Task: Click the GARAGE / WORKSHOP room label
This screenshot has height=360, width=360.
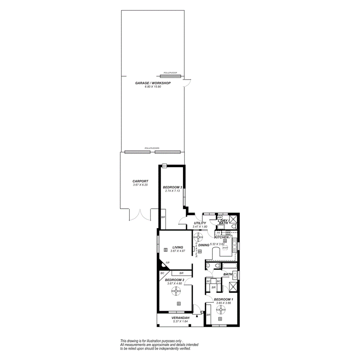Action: [153, 83]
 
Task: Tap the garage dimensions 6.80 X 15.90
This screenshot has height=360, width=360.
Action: [153, 87]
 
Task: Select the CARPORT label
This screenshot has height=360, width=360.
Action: [140, 181]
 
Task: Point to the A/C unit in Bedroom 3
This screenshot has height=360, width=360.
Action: [164, 166]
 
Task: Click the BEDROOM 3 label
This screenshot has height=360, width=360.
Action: [172, 187]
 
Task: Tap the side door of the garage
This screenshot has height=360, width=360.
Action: [187, 82]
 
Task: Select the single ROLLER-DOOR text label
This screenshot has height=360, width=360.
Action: [170, 73]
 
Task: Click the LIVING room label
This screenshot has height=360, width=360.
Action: [178, 247]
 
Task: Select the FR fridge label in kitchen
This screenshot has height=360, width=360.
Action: [218, 233]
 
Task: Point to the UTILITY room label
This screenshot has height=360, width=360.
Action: [200, 223]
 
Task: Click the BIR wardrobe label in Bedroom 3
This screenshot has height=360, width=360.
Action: [163, 217]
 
